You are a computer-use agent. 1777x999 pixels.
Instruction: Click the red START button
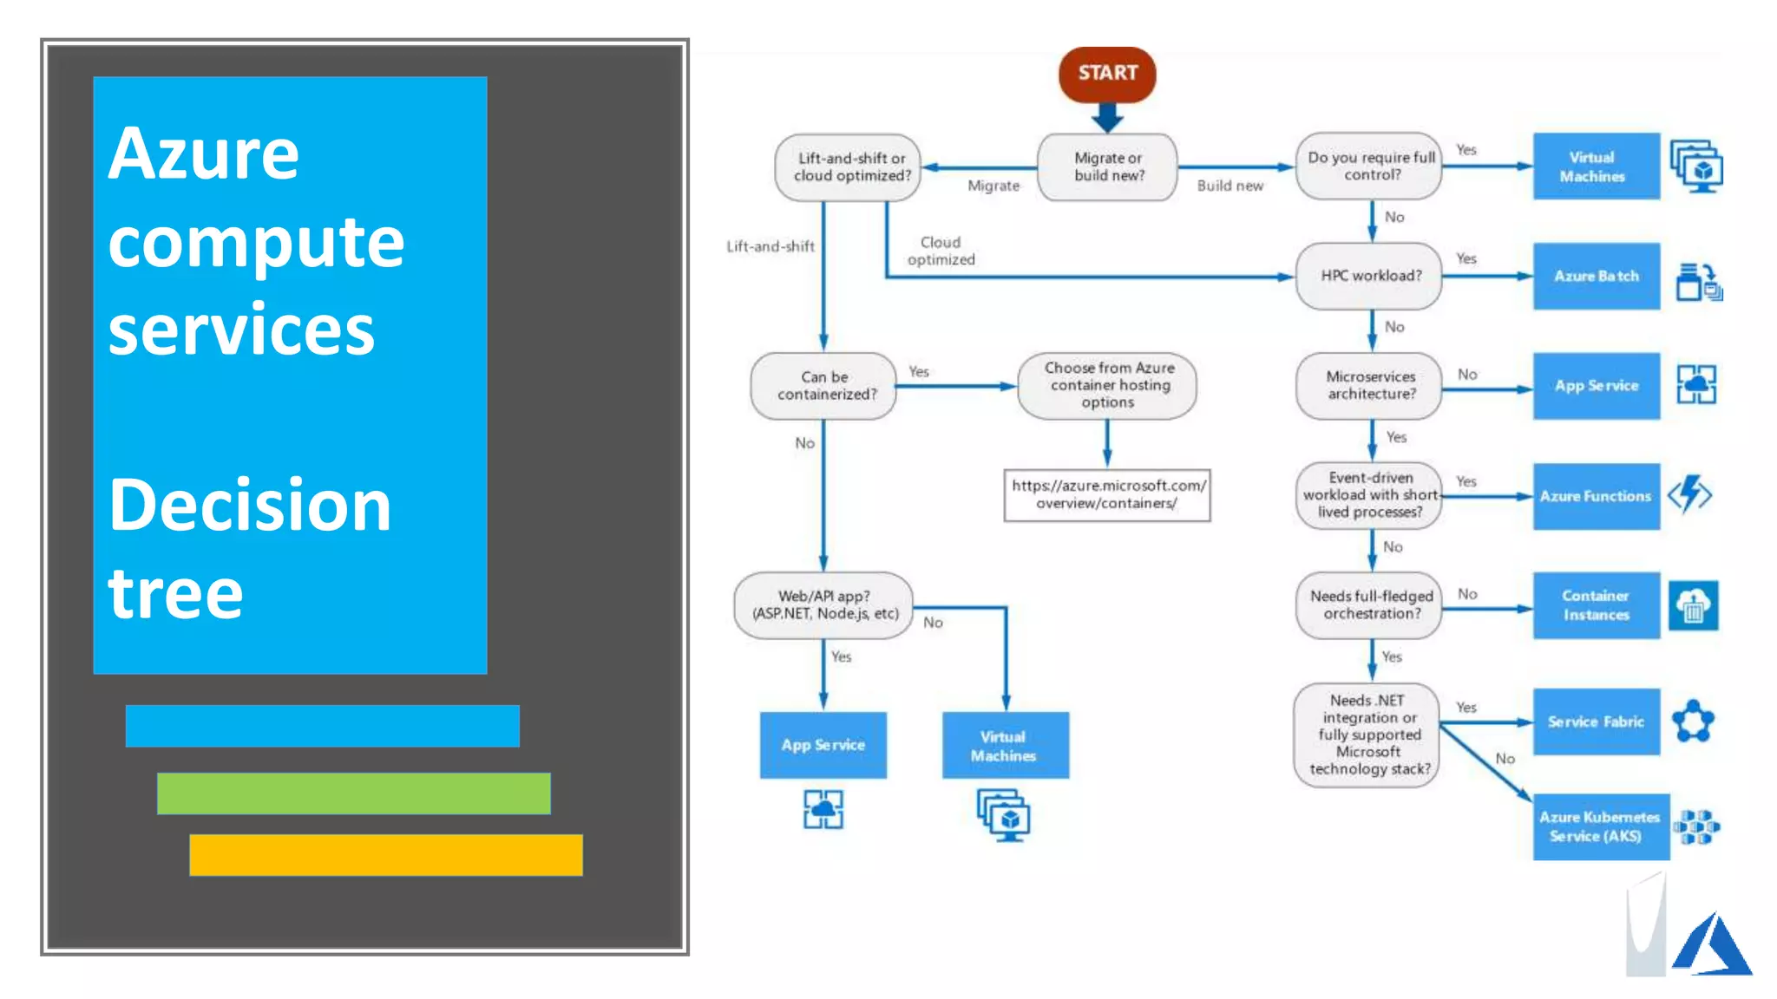tap(1107, 74)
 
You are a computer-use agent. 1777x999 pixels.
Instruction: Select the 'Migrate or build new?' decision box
tap(1108, 166)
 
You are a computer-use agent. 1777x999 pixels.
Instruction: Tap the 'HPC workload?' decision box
tap(1370, 276)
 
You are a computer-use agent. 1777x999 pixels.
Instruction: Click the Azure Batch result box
tap(1596, 276)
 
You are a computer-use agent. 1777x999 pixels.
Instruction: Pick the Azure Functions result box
tap(1596, 496)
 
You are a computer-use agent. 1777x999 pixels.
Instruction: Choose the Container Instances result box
tap(1596, 605)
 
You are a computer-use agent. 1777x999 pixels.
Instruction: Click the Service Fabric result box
tap(1596, 721)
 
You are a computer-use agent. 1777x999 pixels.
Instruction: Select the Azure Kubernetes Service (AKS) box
tap(1600, 826)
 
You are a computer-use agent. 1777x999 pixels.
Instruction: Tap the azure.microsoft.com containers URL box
tap(1107, 495)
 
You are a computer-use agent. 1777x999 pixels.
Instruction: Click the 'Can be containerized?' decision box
tap(825, 386)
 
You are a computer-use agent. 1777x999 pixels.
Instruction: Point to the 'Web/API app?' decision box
tap(824, 605)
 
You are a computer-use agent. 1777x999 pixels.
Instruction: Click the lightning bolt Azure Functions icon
tap(1689, 495)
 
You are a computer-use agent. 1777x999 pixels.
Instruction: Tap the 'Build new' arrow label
tap(1229, 186)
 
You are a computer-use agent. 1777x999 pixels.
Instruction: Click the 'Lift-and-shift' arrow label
tap(770, 246)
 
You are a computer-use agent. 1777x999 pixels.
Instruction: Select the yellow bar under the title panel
tap(386, 855)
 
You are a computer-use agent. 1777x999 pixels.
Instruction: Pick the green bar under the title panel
tap(354, 793)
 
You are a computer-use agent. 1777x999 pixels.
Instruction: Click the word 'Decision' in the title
tap(250, 506)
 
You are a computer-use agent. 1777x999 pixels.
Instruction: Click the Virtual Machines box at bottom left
tap(1005, 746)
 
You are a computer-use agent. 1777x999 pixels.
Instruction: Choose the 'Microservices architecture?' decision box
tap(1370, 385)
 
